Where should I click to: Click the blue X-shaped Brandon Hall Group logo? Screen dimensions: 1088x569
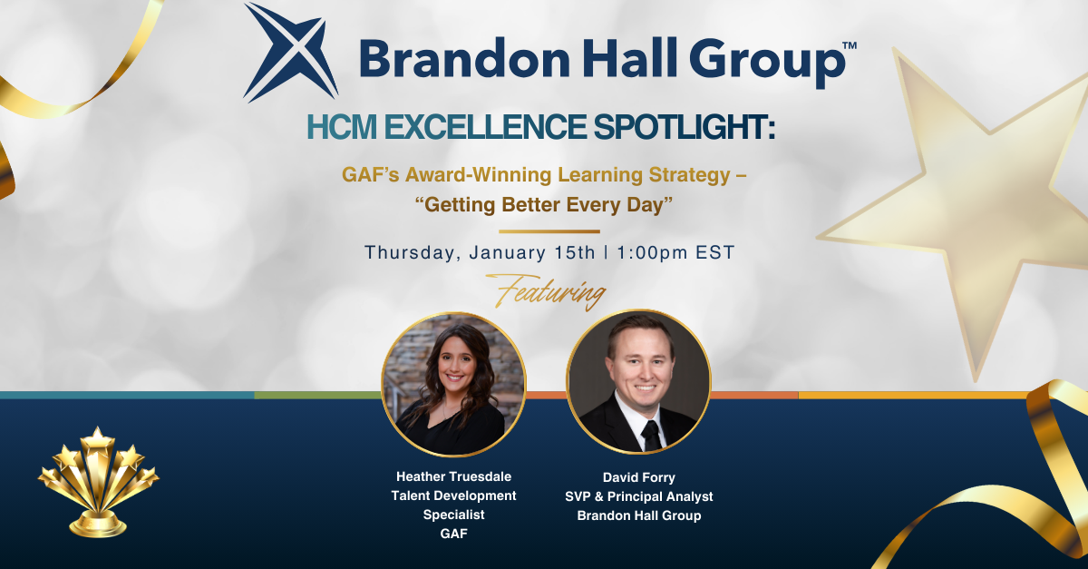[290, 53]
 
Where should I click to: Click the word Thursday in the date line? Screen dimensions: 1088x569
[413, 253]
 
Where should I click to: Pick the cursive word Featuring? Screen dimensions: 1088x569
[546, 292]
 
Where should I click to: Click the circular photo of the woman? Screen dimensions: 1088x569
[453, 385]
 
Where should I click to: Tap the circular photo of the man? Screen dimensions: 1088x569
[638, 382]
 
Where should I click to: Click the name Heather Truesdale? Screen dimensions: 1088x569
[453, 476]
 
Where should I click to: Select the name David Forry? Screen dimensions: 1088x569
[638, 477]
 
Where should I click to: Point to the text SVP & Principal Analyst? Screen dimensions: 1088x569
[638, 496]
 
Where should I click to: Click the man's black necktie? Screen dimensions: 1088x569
[651, 436]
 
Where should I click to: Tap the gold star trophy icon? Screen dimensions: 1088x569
[99, 482]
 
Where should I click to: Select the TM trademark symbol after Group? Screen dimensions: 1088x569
[849, 45]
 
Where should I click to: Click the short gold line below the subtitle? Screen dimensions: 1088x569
[549, 231]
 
